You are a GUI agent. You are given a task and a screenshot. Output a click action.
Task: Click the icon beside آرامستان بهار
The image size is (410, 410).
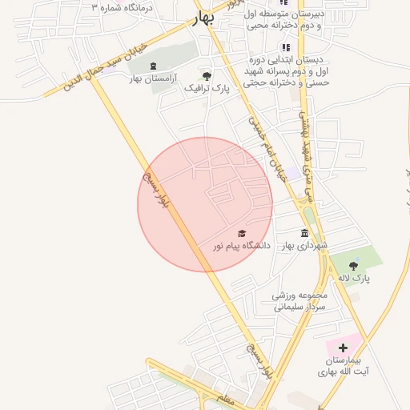click(x=154, y=66)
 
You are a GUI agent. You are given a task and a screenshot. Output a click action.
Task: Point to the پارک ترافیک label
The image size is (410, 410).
click(x=207, y=89)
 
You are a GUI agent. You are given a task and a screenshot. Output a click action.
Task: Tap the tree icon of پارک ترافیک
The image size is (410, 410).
click(x=207, y=76)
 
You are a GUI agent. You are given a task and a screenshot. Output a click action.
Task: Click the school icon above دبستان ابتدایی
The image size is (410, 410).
click(x=286, y=48)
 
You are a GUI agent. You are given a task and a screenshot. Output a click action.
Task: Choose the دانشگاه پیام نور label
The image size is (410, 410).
click(x=242, y=246)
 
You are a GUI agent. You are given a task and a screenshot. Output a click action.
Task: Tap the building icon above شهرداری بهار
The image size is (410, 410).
click(x=303, y=232)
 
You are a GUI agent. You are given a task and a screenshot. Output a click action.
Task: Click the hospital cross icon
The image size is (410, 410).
click(x=343, y=348)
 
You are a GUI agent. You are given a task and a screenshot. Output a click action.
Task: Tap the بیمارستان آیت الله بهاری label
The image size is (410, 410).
click(x=341, y=366)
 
